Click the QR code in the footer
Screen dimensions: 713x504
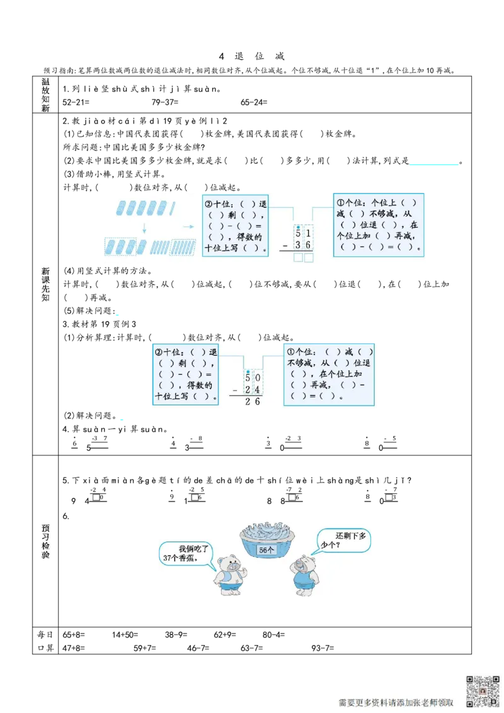482,691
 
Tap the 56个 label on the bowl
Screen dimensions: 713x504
266,550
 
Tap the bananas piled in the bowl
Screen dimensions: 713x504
267,532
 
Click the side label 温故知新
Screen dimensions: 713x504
45,95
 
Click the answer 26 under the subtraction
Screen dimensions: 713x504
253,401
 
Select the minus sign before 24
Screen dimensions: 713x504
234,391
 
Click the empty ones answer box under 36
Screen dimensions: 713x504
309,258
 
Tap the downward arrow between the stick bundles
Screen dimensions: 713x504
144,227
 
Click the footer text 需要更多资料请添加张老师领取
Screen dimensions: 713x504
396,702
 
